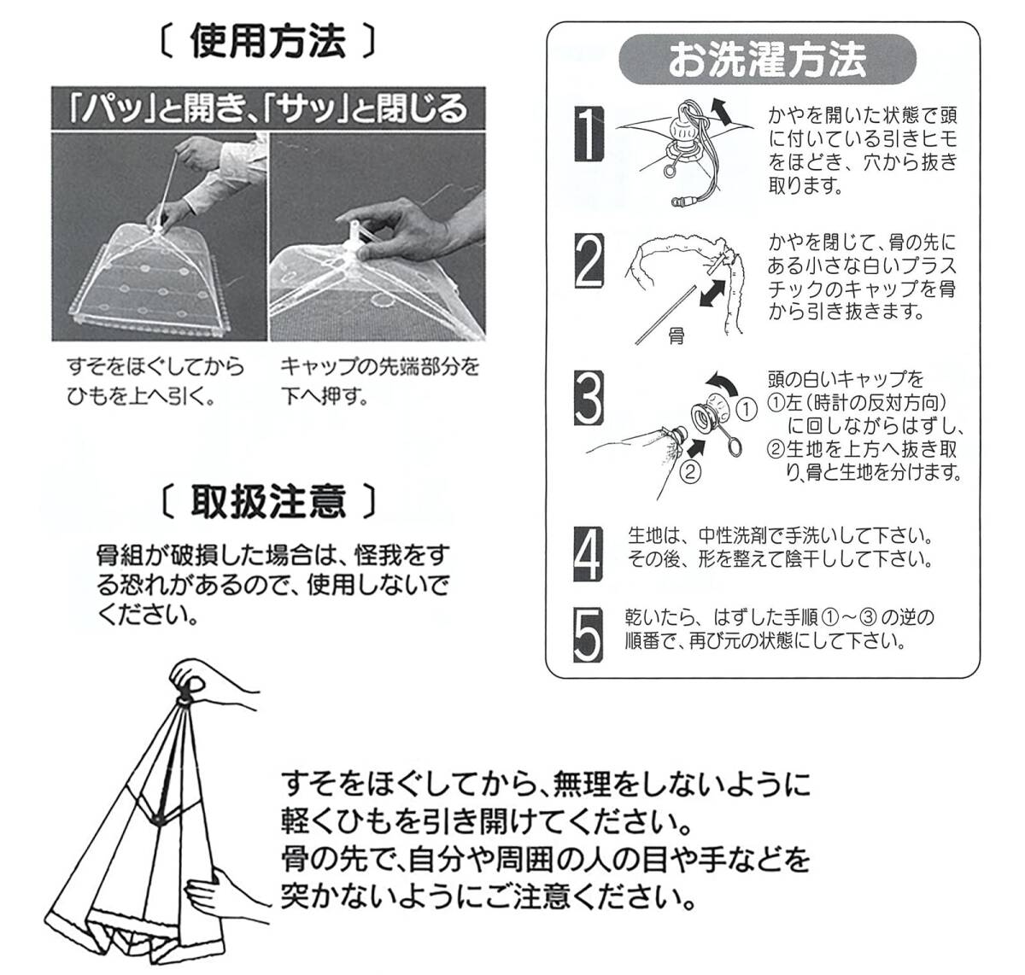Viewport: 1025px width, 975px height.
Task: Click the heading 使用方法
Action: point(267,42)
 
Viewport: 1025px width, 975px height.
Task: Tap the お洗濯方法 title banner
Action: point(766,59)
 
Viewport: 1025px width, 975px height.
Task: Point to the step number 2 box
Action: point(589,264)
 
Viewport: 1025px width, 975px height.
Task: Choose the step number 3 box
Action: point(589,398)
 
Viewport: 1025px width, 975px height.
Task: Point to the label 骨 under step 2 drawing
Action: point(676,337)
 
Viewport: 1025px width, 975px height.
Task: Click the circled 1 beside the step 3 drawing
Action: point(747,409)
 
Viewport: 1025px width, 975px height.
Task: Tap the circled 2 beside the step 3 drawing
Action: point(691,469)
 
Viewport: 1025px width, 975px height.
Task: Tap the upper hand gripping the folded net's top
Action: point(214,687)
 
